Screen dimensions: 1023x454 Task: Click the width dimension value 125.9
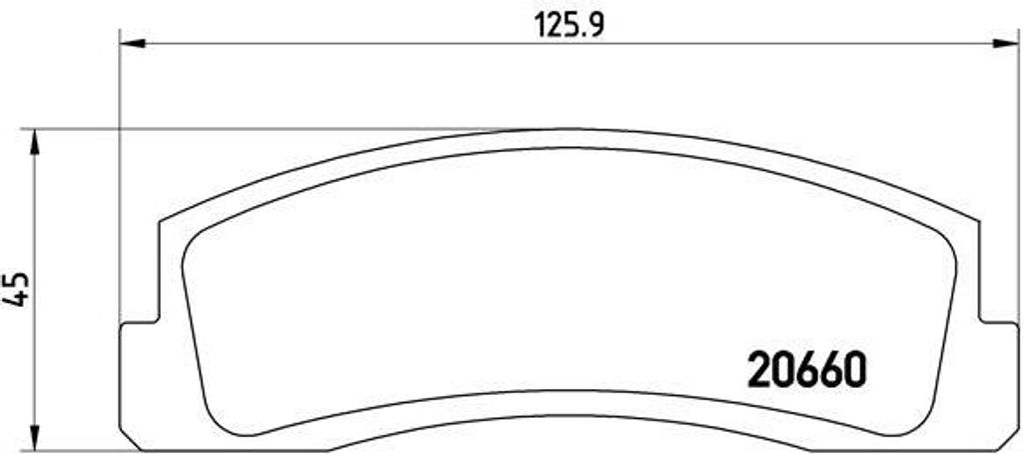(569, 25)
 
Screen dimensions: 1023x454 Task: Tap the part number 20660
(807, 370)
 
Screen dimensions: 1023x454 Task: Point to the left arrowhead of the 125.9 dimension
(133, 44)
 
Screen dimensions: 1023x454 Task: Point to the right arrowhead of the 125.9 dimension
(1005, 44)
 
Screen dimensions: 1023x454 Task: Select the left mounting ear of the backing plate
(139, 385)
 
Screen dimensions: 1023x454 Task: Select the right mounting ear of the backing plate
(999, 385)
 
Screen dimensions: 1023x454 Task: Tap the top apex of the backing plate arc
(568, 129)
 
